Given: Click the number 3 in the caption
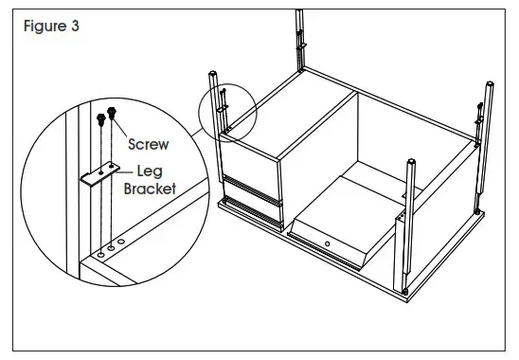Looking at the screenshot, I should pyautogui.click(x=74, y=26).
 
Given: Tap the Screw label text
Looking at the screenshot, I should pyautogui.click(x=149, y=145).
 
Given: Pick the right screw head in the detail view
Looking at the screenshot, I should pyautogui.click(x=113, y=112).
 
